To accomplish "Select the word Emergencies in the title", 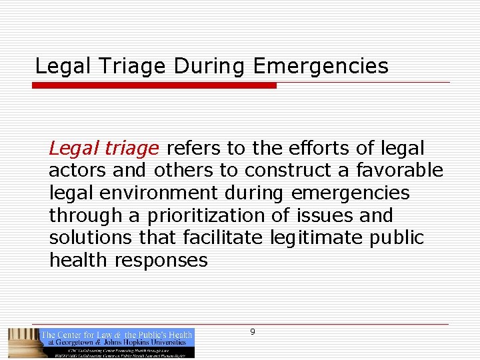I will click(321, 67).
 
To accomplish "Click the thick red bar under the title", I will click(155, 85).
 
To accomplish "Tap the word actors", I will click(77, 171).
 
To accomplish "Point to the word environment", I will click(156, 193).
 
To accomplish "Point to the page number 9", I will click(252, 332).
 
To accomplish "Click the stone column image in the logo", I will click(23, 342).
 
